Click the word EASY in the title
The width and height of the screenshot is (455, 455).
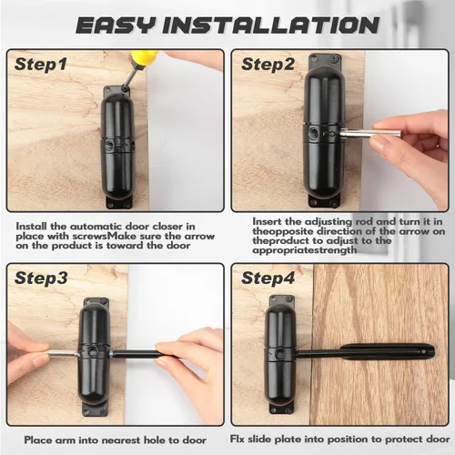point(116,25)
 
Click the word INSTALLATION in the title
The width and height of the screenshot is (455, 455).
point(271,25)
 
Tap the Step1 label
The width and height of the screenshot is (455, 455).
point(41,65)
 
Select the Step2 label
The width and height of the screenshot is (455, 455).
point(268,65)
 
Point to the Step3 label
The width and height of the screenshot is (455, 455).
point(41,278)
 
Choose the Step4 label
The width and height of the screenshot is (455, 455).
point(268,278)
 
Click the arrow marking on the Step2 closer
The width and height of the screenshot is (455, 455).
point(329,134)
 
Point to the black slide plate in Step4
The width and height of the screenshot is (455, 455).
point(388,351)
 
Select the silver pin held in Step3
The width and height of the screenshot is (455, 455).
point(62,353)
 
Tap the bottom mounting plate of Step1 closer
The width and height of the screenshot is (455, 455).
point(119,202)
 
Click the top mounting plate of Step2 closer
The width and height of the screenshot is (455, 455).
point(325,62)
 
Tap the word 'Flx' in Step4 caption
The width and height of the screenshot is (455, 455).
point(238,439)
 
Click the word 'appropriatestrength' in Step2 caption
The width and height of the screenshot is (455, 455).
point(305,250)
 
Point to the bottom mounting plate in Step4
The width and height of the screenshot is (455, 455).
point(281,409)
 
